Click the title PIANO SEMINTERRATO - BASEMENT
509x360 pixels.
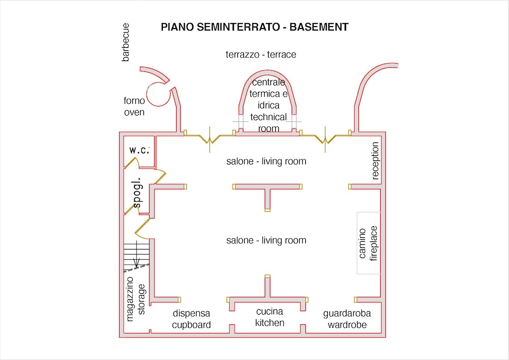pyautogui.click(x=254, y=27)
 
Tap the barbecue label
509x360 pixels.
pyautogui.click(x=126, y=42)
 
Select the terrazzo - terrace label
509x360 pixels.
pyautogui.click(x=261, y=54)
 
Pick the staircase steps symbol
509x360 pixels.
pyautogui.click(x=136, y=254)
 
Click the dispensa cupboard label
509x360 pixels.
pyautogui.click(x=191, y=319)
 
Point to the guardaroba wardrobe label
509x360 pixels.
pyautogui.click(x=347, y=319)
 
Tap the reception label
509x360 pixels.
pyautogui.click(x=376, y=161)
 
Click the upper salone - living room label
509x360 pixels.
pyautogui.click(x=266, y=161)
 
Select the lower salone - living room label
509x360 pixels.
pyautogui.click(x=266, y=240)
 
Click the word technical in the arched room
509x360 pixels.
pyautogui.click(x=268, y=117)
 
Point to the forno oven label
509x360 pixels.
pyautogui.click(x=134, y=106)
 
